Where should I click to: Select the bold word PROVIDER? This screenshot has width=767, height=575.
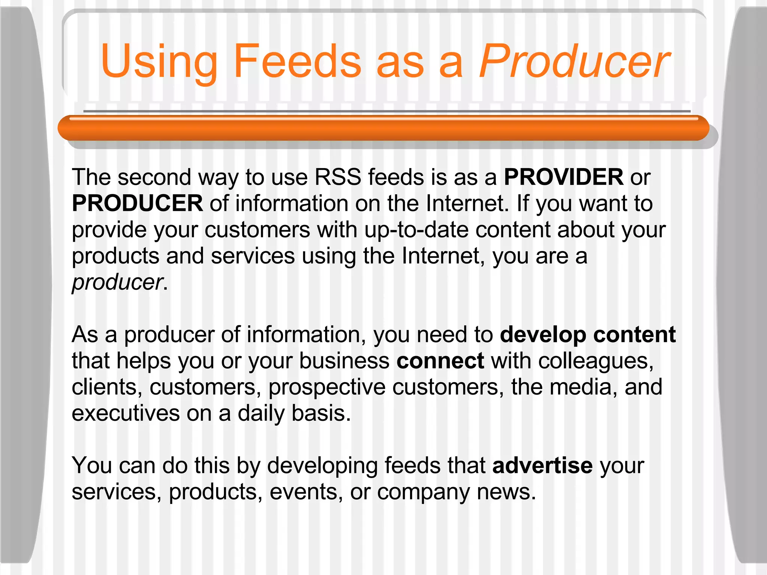point(563,177)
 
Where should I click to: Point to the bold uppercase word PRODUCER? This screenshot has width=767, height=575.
point(137,203)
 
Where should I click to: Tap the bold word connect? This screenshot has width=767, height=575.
point(440,360)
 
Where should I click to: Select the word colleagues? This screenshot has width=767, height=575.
point(595,361)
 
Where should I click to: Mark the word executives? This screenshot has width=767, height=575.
point(126,413)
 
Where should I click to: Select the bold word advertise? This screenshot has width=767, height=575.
point(542,465)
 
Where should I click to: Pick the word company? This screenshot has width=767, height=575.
point(423,492)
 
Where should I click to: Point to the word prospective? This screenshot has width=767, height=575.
point(327,387)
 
